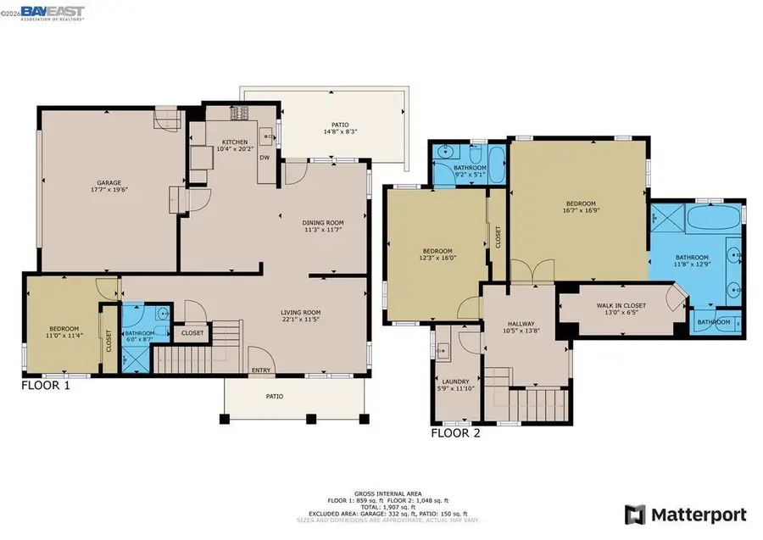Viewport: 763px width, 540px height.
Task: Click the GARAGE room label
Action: [x=108, y=182]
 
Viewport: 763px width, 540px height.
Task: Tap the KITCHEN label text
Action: [x=235, y=142]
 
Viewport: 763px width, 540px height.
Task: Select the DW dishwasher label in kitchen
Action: [x=265, y=158]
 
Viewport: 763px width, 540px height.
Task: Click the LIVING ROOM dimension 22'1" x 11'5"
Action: [x=301, y=320]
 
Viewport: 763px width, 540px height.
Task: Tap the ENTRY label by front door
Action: [x=260, y=370]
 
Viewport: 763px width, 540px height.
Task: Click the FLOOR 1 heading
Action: [x=45, y=385]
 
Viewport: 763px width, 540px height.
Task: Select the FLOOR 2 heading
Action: [x=455, y=432]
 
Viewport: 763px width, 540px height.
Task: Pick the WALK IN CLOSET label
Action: [x=621, y=305]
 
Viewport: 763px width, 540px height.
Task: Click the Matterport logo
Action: [x=686, y=514]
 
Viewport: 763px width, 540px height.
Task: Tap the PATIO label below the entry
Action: [x=275, y=396]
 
